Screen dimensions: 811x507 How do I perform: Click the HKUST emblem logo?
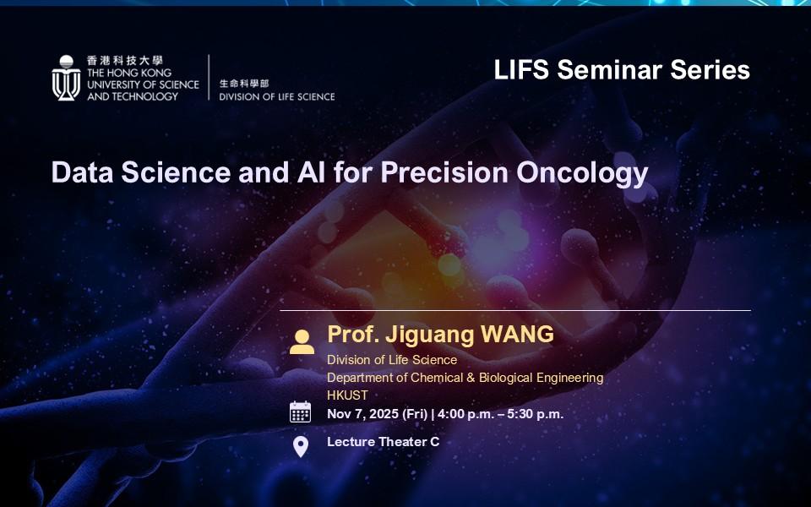(x=66, y=78)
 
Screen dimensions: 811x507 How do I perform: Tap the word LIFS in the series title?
(x=521, y=70)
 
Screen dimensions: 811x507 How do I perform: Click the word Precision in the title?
(x=444, y=172)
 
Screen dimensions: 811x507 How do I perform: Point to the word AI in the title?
(x=312, y=172)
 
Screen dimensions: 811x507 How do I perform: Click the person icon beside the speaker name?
(x=302, y=342)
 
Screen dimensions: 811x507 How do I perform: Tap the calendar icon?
(x=301, y=412)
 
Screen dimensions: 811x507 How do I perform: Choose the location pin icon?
(x=301, y=446)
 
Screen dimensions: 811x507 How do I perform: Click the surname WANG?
(x=517, y=335)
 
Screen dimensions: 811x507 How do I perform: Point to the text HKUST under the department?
(x=347, y=395)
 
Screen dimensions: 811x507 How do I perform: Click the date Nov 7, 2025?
(x=363, y=414)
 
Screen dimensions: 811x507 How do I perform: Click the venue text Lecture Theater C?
(x=384, y=442)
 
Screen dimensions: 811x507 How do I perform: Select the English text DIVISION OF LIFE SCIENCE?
(x=277, y=96)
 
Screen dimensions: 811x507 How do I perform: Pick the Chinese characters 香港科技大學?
(x=125, y=61)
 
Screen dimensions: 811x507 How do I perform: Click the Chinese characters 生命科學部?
(x=244, y=84)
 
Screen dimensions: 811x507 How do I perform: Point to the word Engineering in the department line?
(x=570, y=379)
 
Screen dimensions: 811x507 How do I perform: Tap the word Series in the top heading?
(x=710, y=70)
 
